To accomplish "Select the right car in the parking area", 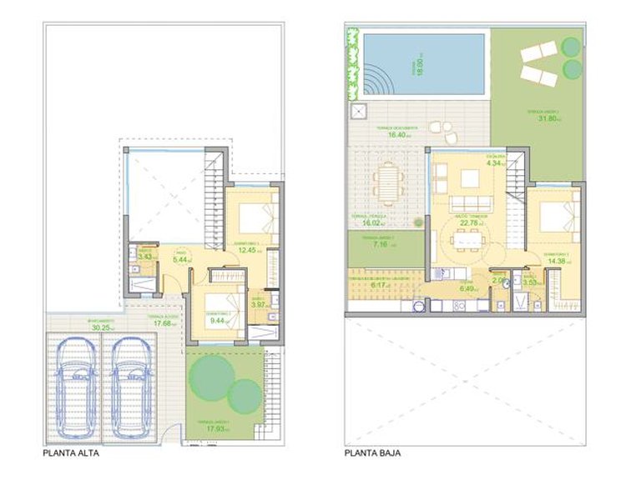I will coord(130,387).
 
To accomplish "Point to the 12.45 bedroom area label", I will coord(246,249).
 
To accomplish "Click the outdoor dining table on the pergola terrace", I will coord(386,182).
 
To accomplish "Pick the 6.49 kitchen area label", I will coord(468,289).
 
